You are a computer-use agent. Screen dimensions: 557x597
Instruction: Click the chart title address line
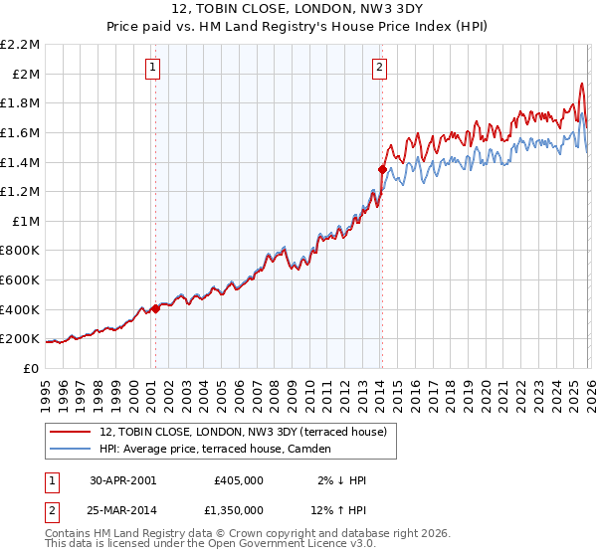pyautogui.click(x=298, y=11)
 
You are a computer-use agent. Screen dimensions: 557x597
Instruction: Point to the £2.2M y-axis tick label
pyautogui.click(x=21, y=45)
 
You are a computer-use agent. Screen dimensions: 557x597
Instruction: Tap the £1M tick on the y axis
pyautogui.click(x=27, y=221)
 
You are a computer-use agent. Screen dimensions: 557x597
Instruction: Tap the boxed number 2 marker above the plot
pyautogui.click(x=380, y=68)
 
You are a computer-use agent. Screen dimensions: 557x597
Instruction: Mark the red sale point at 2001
pyautogui.click(x=155, y=308)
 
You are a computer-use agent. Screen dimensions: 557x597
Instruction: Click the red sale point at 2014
pyautogui.click(x=382, y=170)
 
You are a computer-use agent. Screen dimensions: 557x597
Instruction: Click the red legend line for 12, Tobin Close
pyautogui.click(x=70, y=432)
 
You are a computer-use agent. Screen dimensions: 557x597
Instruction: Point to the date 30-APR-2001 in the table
pyautogui.click(x=122, y=480)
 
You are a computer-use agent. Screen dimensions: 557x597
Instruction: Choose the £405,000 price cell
pyautogui.click(x=239, y=480)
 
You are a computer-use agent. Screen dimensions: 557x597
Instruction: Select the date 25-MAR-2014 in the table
pyautogui.click(x=122, y=509)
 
